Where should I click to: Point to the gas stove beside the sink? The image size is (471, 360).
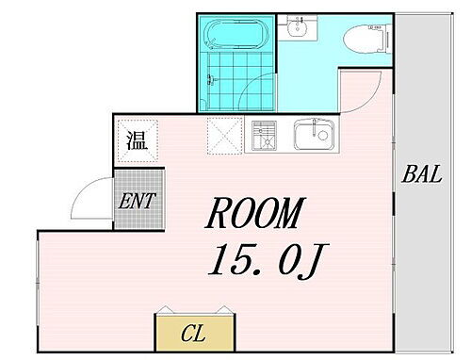(263, 138)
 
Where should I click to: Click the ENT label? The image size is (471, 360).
(138, 200)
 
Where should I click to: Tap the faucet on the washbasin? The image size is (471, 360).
(300, 21)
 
